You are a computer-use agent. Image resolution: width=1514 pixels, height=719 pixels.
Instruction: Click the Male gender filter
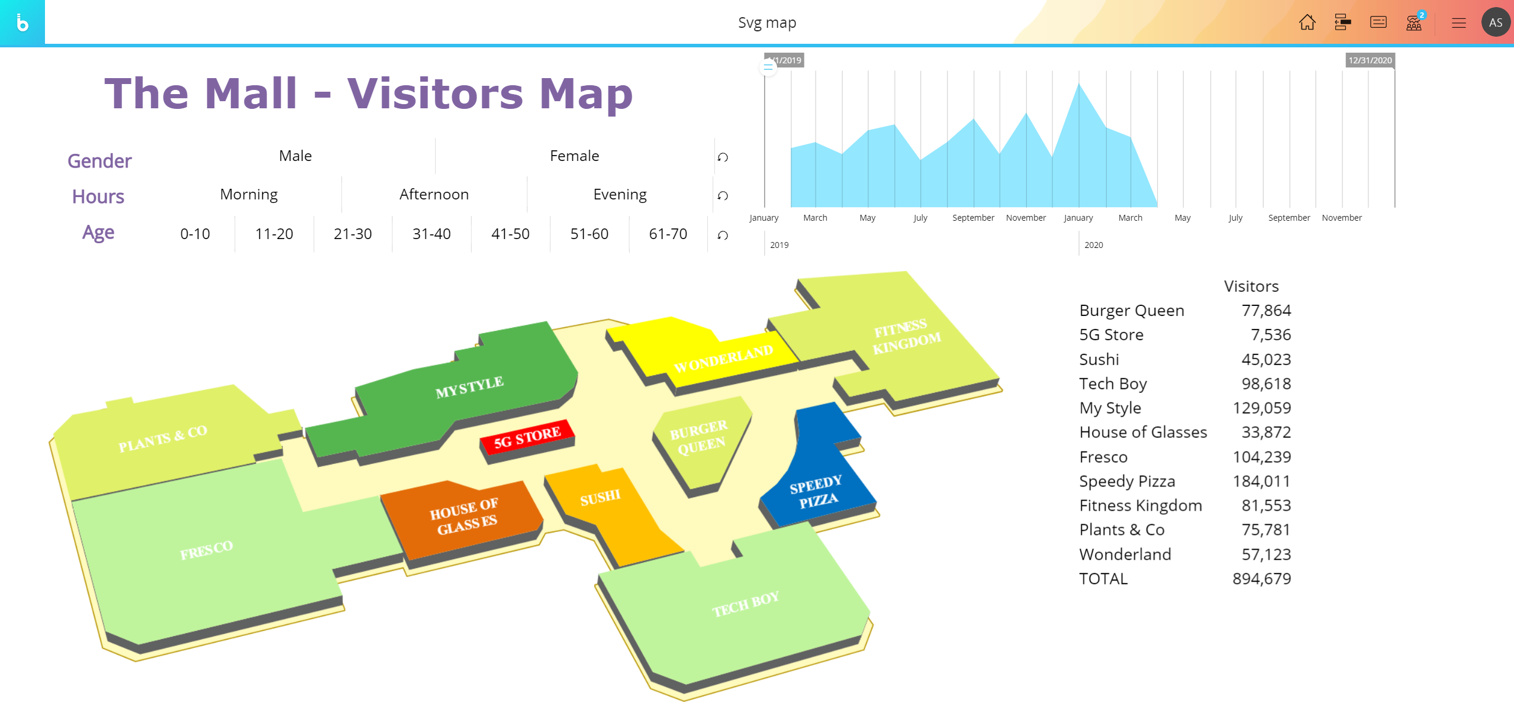[295, 156]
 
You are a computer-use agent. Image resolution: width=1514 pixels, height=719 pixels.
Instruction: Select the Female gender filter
[574, 156]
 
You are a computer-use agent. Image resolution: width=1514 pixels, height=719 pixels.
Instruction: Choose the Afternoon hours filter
[434, 194]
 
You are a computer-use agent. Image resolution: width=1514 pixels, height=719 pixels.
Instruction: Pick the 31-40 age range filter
[431, 234]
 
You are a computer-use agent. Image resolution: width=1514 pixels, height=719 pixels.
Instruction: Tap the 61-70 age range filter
[668, 234]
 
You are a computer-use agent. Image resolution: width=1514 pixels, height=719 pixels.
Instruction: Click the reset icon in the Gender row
[723, 157]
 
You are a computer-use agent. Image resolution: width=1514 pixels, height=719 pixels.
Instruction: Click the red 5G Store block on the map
[527, 437]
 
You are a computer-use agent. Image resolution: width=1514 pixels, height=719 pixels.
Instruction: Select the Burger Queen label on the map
[699, 437]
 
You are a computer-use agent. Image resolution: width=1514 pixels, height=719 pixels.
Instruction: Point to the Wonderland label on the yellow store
[723, 359]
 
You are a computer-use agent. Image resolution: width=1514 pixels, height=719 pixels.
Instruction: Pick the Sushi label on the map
[600, 498]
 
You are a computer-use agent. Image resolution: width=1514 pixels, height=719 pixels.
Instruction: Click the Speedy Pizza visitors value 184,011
[1261, 481]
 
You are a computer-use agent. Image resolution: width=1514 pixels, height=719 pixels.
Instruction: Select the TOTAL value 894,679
[1261, 578]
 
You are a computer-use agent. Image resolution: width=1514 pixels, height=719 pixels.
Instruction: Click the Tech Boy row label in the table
[1113, 383]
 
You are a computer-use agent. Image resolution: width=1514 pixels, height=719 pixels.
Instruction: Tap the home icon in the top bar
[1307, 22]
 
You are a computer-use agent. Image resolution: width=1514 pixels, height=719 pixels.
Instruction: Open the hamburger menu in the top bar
[1458, 23]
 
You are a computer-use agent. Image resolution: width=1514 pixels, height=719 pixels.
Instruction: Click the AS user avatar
[1496, 22]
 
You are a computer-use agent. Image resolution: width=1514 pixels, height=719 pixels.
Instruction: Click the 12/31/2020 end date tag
[1370, 60]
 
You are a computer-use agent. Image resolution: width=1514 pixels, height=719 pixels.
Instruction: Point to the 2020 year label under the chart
[1093, 245]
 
